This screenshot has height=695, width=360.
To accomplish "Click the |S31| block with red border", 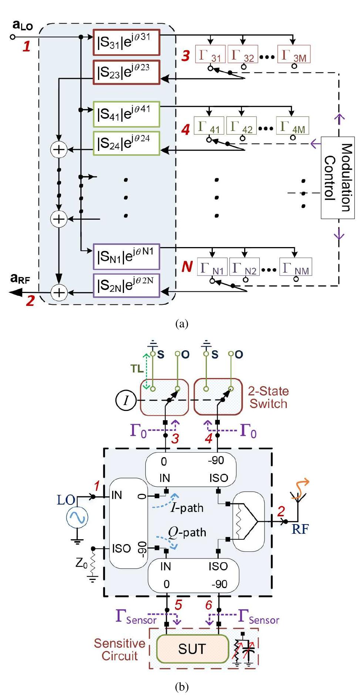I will pyautogui.click(x=126, y=42).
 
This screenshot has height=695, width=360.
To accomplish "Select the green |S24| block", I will pyautogui.click(x=126, y=143).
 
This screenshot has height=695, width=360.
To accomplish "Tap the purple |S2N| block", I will pyautogui.click(x=126, y=285).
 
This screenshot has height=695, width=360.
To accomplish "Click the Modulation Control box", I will pyautogui.click(x=337, y=178).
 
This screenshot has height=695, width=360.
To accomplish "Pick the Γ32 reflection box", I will pyautogui.click(x=242, y=54).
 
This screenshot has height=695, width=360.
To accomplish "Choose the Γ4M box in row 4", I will pyautogui.click(x=292, y=126).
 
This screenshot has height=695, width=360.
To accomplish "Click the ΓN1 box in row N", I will pyautogui.click(x=212, y=267).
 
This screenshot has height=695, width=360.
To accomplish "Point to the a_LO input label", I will pyautogui.click(x=22, y=25).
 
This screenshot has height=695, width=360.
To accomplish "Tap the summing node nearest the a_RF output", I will pyautogui.click(x=58, y=293).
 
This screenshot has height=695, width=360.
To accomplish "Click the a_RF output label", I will pyautogui.click(x=20, y=279).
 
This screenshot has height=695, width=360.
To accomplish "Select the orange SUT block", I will pyautogui.click(x=192, y=649).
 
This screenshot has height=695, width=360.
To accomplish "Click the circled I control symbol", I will pyautogui.click(x=126, y=400).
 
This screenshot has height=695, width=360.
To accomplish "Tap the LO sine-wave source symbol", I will pyautogui.click(x=77, y=517).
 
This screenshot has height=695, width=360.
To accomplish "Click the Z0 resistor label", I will pyautogui.click(x=81, y=563).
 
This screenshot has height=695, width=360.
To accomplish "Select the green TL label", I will pyautogui.click(x=137, y=369).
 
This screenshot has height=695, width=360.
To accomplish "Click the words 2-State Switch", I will pyautogui.click(x=268, y=397).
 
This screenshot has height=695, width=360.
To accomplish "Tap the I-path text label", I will pyautogui.click(x=187, y=507).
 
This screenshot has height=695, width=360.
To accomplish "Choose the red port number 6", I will pyautogui.click(x=209, y=605).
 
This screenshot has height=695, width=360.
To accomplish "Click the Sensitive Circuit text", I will pyautogui.click(x=119, y=650).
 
